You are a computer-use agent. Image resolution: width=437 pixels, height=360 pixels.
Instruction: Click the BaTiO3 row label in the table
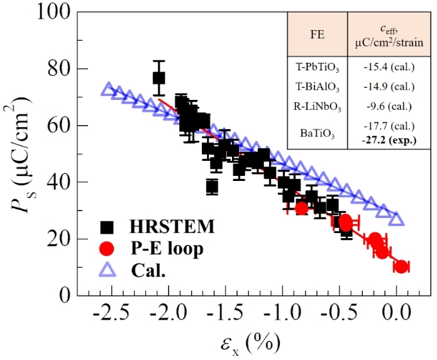coord(317,133)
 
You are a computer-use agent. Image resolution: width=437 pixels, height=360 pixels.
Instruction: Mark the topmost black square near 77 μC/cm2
coord(159,78)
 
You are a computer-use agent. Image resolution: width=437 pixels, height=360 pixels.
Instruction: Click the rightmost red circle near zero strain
coord(401,267)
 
